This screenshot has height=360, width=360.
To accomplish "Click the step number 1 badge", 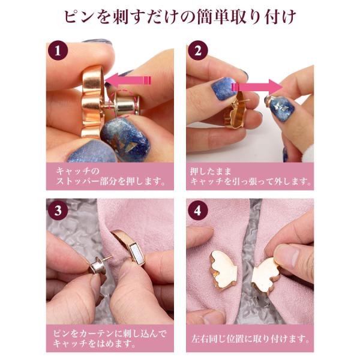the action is pos(58,50).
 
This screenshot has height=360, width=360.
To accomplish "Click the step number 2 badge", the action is pos(197,50).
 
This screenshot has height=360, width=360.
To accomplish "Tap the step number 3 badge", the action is pos(58,211).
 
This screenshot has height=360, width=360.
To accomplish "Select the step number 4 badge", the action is pos(197,211).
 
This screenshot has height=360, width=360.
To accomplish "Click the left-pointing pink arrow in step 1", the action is pos(128,80).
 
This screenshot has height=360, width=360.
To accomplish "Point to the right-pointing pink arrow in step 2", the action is pos(257,88).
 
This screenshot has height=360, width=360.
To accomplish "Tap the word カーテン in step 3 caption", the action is pos(101,334).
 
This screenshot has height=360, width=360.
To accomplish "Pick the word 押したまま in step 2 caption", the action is pos(211,171).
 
